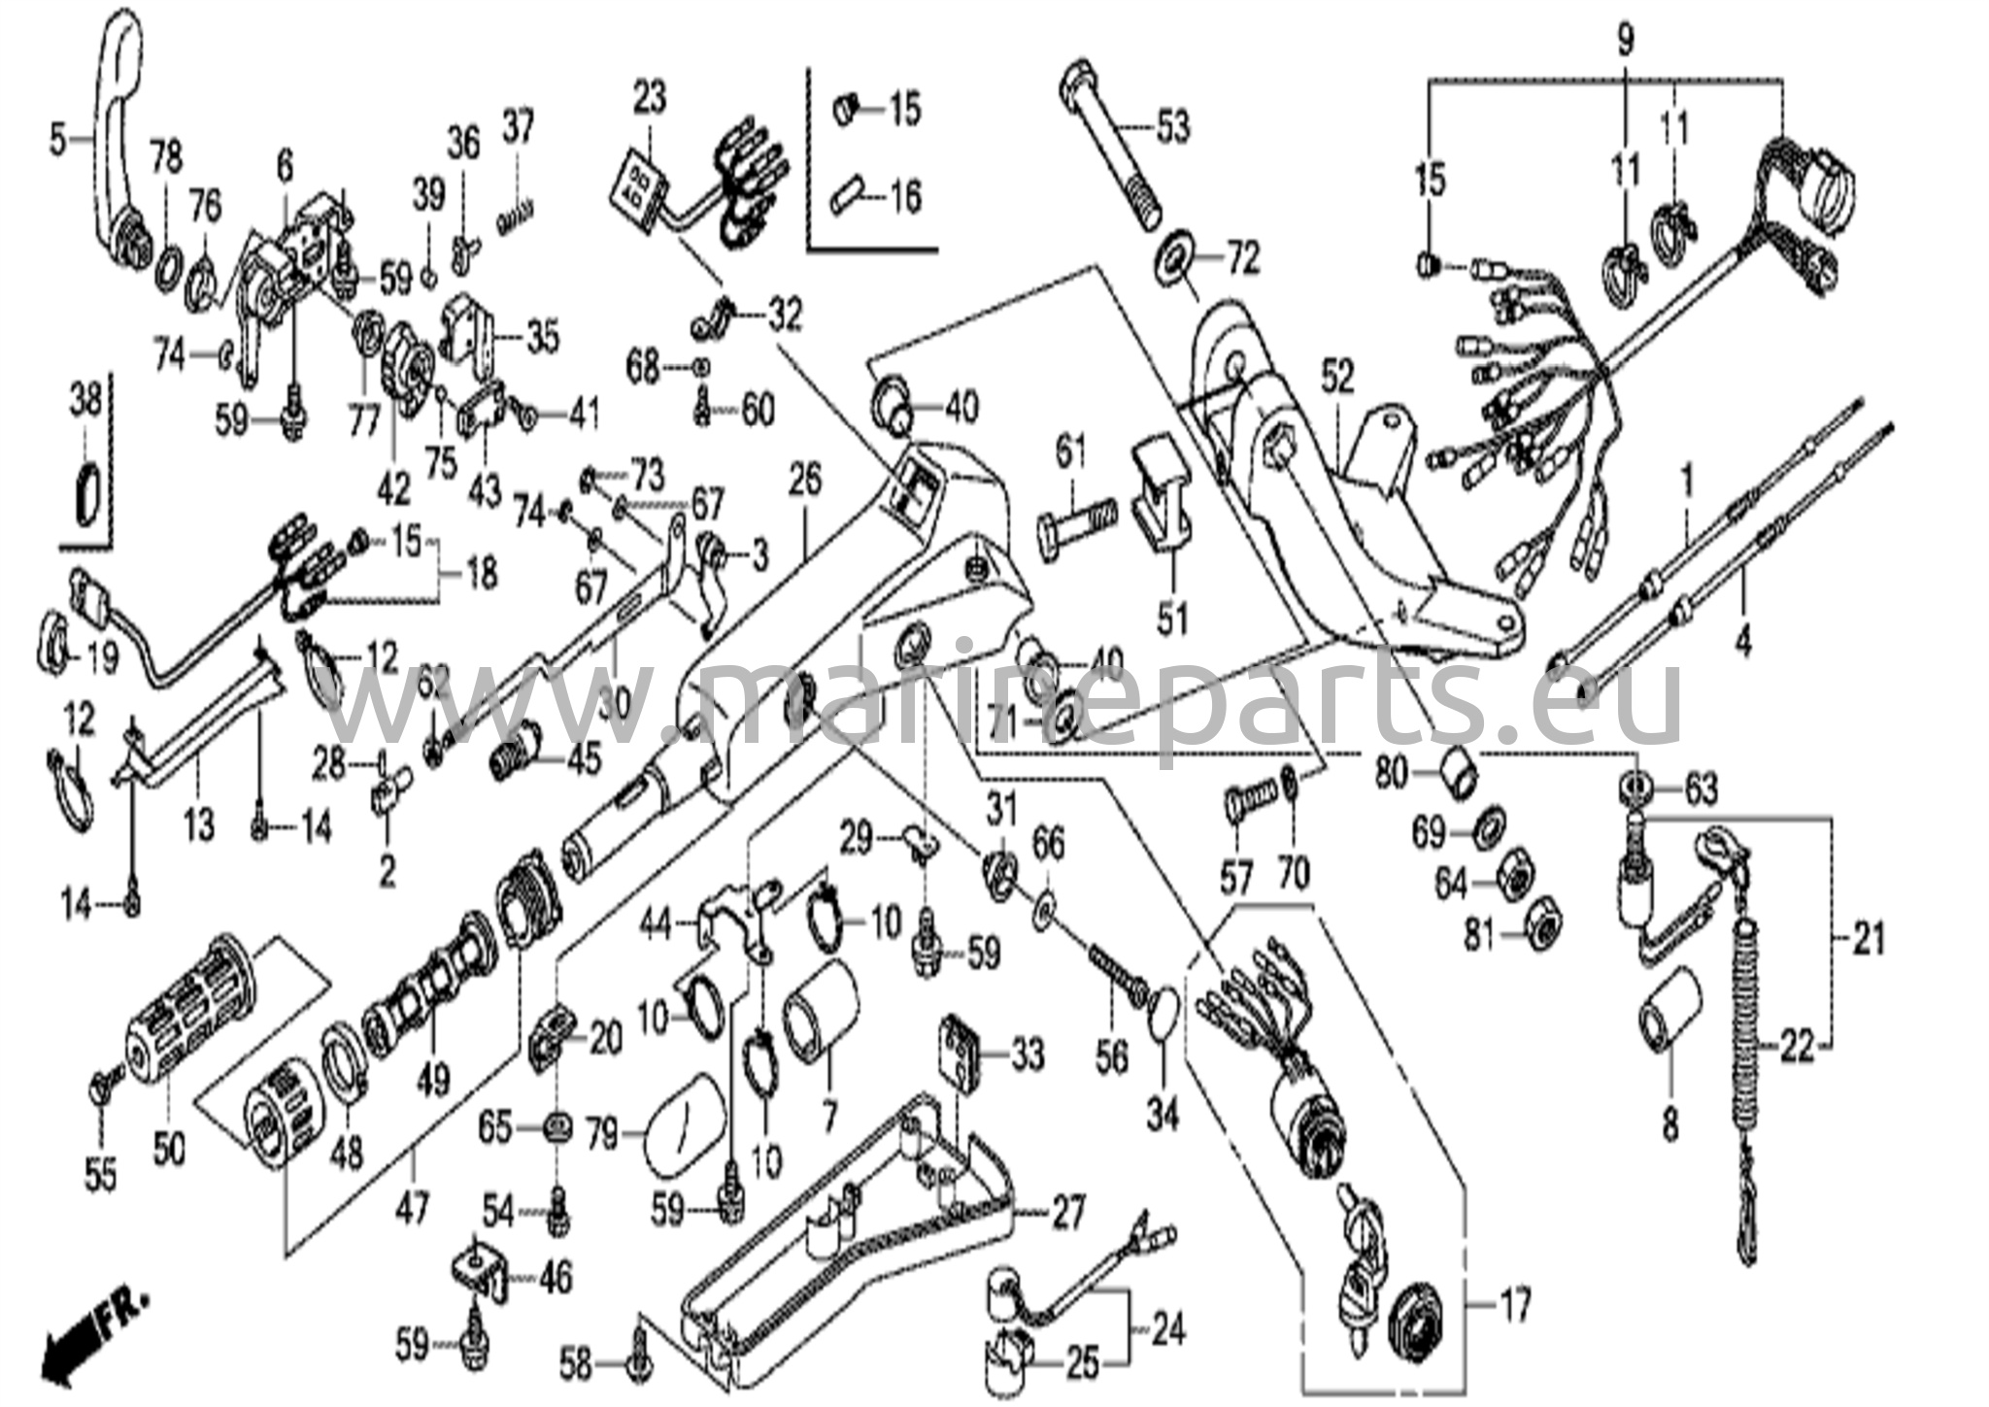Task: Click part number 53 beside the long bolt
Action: tap(1171, 127)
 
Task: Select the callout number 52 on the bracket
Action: tap(1336, 379)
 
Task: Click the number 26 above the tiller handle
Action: tap(805, 479)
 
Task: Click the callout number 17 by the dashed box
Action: tap(1515, 1304)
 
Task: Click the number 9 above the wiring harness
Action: tap(1625, 40)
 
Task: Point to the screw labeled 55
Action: tap(102, 1089)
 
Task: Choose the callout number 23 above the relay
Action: tap(650, 99)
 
